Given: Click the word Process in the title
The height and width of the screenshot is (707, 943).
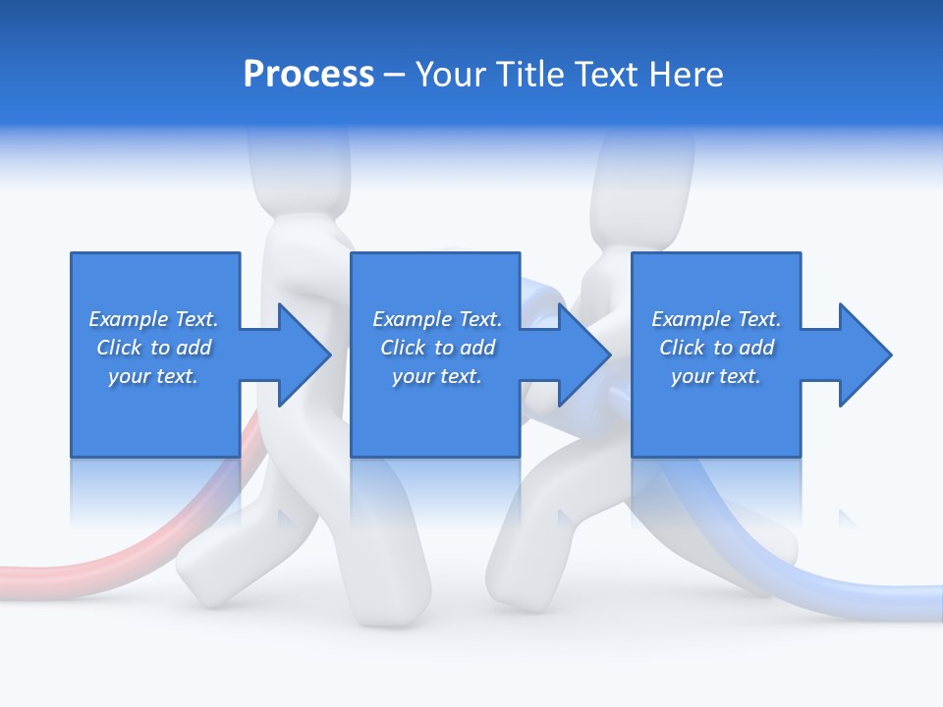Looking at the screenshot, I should pos(308,75).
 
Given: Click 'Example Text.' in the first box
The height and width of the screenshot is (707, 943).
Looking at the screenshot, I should pos(153,319).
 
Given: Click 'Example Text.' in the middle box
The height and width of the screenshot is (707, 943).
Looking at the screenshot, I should pos(437,319).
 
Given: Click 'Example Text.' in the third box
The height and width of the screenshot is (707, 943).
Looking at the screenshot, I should pos(716,319).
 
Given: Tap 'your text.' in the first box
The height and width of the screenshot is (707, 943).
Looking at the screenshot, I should pos(153,376).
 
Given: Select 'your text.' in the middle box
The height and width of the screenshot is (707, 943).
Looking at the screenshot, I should pos(437,376).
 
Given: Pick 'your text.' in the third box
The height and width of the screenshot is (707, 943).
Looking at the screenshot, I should pos(716,376).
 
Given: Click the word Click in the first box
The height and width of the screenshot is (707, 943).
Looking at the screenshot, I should pos(119,348).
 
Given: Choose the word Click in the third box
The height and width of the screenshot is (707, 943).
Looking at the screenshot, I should pos(682,348).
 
